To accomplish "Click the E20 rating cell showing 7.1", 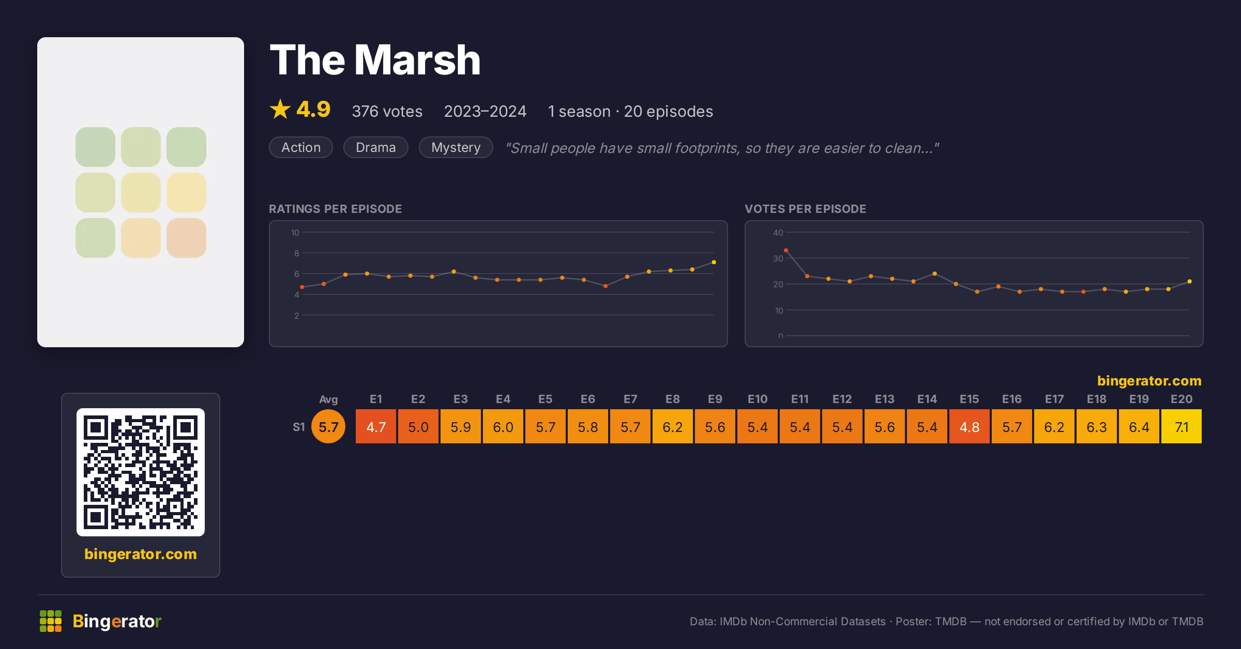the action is coord(1182,427).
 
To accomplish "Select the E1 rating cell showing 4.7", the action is coord(376,427).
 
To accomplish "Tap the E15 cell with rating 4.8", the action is coord(970,427).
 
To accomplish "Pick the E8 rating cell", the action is coord(673,427).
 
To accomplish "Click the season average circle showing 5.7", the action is coord(328,427).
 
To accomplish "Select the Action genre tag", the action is coord(301,147).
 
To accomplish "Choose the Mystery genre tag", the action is coord(456,147).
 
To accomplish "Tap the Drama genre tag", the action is coord(376,147).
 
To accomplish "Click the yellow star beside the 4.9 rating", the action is coord(280,109).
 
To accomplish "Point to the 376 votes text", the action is coord(387,111).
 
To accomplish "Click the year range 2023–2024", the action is coord(485,111).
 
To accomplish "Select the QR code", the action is coord(141,472).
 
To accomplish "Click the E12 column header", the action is coord(842,399).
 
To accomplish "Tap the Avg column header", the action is coord(328,399).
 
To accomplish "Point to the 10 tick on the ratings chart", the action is coord(295,233).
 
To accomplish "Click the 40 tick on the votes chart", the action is coord(778,233).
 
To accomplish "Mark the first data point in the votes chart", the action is coord(786,250).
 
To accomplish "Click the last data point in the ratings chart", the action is coord(714,262).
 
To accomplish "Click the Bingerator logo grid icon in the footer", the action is coord(51,621).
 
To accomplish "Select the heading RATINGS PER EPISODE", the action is coord(336,209).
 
